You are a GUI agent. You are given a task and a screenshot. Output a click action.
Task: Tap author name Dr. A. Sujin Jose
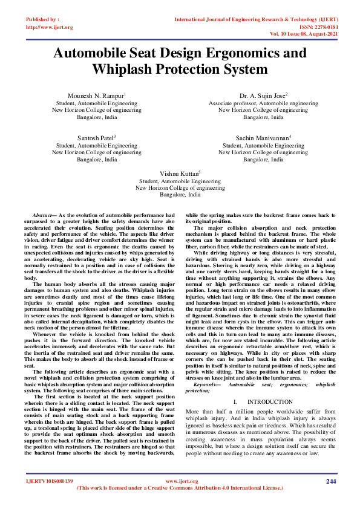coord(261,96)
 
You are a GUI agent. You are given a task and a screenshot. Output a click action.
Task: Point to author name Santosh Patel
coord(96,138)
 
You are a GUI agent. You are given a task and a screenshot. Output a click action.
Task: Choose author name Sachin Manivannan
coord(261,138)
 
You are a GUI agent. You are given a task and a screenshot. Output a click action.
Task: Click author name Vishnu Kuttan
coord(179,173)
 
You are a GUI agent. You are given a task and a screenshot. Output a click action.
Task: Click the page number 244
coord(330,481)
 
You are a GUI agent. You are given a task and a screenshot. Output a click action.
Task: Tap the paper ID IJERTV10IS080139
coord(50,481)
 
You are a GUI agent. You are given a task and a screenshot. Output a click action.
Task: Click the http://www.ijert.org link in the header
coord(50,27)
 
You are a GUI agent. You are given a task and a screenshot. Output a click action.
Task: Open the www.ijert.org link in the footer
coord(182,481)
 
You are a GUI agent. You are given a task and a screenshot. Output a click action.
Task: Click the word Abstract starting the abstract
coord(42,216)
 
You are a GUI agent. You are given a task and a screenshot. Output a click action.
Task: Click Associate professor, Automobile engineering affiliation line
coord(263,103)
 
